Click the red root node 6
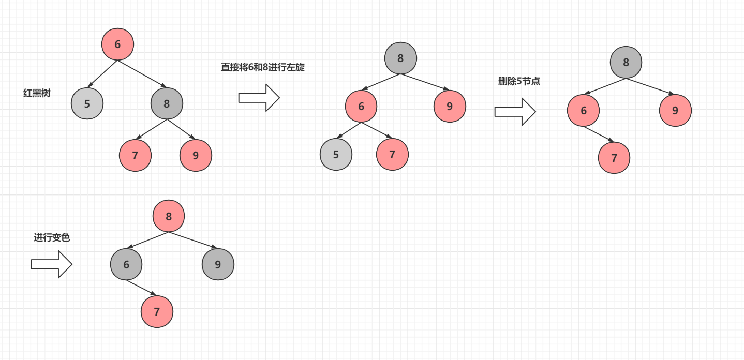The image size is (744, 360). tap(117, 44)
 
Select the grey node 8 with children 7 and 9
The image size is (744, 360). tap(167, 103)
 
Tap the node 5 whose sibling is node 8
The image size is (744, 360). tap(87, 103)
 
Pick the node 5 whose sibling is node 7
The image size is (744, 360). tap(336, 154)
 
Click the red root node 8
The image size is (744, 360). tap(169, 216)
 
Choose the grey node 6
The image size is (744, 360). tap(126, 264)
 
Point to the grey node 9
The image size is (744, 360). tap(218, 264)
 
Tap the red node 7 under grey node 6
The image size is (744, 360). tap(157, 311)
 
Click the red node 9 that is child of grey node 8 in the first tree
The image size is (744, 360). tap(196, 155)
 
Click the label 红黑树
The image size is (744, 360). tap(37, 93)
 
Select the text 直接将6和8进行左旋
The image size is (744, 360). tap(263, 67)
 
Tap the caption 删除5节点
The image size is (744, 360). tap(519, 81)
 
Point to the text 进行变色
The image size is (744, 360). tap(52, 237)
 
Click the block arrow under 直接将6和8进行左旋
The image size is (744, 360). tap(259, 98)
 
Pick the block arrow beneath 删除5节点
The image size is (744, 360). tap(515, 112)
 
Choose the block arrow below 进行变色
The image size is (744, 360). tap(51, 264)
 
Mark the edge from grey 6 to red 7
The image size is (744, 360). tap(141, 288)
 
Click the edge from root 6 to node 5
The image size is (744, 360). tap(103, 73)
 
